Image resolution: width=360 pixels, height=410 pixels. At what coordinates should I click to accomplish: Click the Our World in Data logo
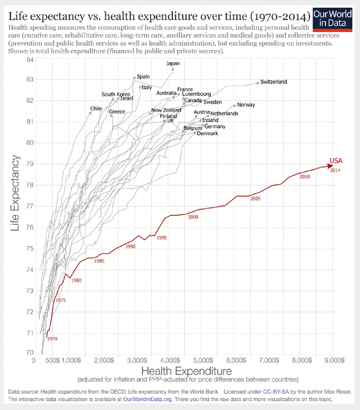coord(333,19)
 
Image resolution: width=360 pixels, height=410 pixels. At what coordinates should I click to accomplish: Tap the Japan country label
coord(173,63)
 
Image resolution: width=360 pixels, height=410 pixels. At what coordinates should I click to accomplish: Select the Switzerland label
coord(274,82)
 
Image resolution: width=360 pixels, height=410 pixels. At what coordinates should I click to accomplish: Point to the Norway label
coord(246,105)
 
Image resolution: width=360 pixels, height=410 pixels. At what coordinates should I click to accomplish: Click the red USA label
coord(336,161)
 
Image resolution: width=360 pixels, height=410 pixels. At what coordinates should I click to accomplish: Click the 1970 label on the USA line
coord(52,339)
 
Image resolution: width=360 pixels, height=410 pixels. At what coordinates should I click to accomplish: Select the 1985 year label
coord(100,261)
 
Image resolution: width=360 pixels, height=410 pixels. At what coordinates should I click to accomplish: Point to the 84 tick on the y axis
coord(30,60)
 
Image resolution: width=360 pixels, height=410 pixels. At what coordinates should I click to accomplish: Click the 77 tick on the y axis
coord(30,206)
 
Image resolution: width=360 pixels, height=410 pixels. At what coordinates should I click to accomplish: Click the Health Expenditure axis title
coord(186,370)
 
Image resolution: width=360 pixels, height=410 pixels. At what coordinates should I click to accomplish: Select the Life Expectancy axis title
coord(15,193)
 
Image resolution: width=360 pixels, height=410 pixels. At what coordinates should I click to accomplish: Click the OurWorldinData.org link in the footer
coord(148,399)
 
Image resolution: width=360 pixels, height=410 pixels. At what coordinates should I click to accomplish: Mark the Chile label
coord(96,109)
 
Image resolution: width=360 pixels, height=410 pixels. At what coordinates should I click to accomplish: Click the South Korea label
coord(116,94)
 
